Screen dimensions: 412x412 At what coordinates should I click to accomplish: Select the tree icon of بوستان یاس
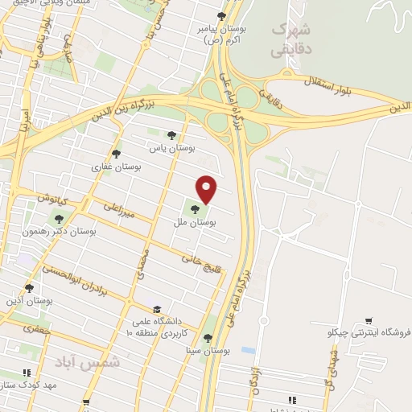pyautogui.click(x=170, y=135)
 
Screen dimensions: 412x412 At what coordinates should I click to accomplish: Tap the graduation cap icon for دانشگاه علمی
pyautogui.click(x=158, y=308)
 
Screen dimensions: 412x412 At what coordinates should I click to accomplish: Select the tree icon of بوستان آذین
pyautogui.click(x=30, y=287)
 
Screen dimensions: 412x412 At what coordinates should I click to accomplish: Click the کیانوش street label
pyautogui.click(x=54, y=198)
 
